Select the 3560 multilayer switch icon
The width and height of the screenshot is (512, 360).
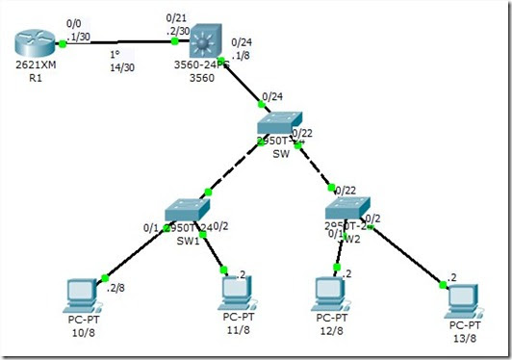(x=204, y=42)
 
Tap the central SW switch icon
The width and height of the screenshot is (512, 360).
(x=281, y=129)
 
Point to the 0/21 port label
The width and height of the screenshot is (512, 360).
(x=176, y=17)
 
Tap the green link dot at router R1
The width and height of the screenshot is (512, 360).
(x=63, y=43)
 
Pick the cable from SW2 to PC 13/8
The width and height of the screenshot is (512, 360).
(x=404, y=250)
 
